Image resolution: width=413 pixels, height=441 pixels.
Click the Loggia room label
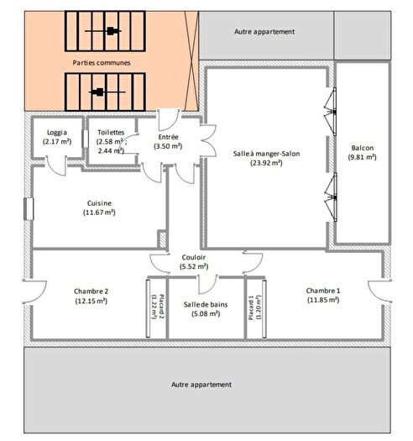[56, 132]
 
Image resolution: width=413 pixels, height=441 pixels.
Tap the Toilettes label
[111, 132]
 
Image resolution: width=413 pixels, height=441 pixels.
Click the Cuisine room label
[99, 202]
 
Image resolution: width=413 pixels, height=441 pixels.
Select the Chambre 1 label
[322, 290]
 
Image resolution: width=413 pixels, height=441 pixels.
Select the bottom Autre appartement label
[201, 384]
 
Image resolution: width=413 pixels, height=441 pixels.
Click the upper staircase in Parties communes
[110, 31]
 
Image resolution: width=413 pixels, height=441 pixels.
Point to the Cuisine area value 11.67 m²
[99, 213]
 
